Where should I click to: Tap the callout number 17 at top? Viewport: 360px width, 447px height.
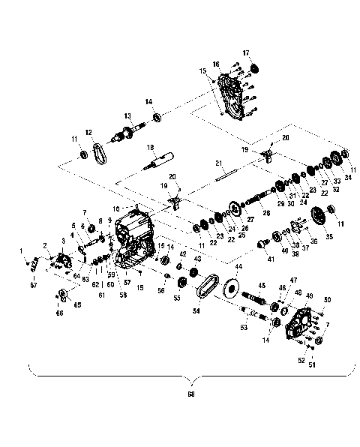(x=245, y=52)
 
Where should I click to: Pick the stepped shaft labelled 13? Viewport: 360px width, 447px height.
(x=126, y=136)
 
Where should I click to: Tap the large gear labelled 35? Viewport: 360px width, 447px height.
(x=319, y=215)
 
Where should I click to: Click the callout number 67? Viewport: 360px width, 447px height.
(x=31, y=285)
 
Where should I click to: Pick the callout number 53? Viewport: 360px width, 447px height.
(x=243, y=327)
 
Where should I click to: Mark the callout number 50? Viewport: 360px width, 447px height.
(x=327, y=300)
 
